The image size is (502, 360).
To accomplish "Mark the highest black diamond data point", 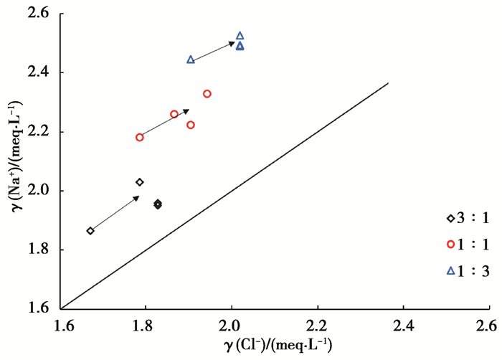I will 140,182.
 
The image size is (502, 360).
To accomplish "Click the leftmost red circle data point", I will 140,137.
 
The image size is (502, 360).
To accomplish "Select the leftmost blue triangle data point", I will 191,60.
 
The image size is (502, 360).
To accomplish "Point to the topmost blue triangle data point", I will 240,35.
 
